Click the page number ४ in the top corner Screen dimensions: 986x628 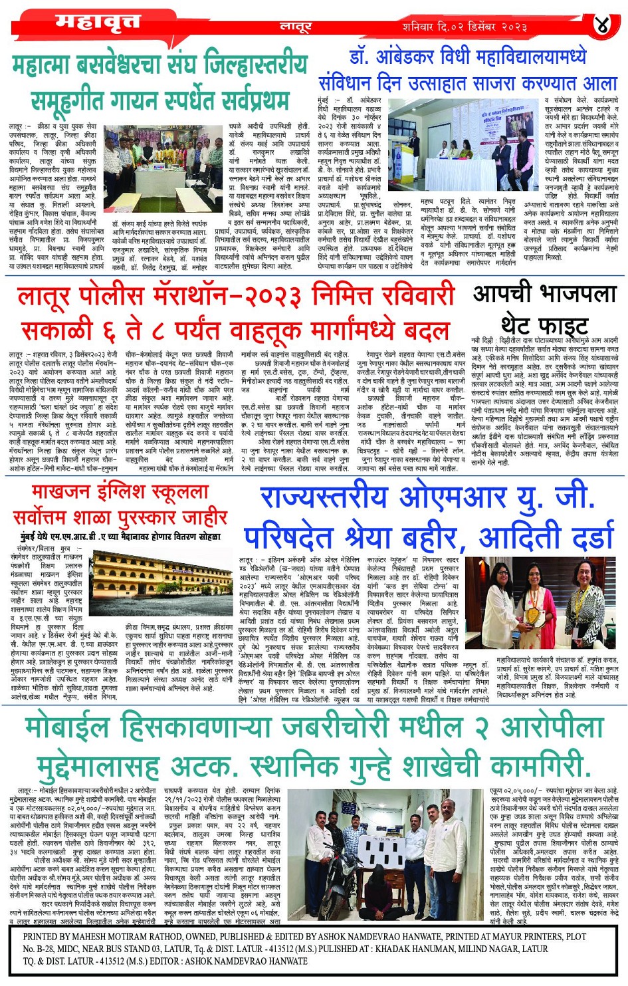pos(601,25)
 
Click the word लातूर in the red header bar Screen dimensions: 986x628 pos(295,27)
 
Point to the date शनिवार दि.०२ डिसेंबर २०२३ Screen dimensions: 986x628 pos(465,27)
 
